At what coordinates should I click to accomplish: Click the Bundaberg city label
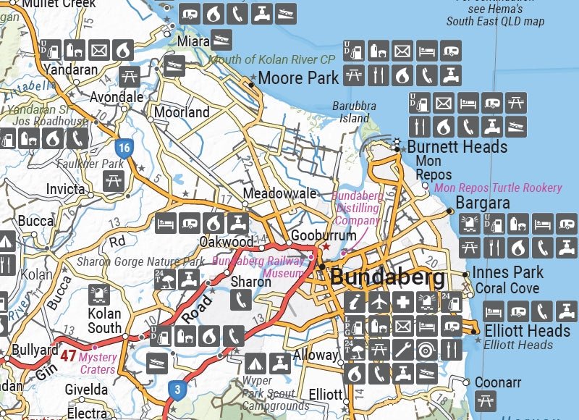click(387, 278)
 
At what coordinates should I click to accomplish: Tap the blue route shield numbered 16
click(125, 149)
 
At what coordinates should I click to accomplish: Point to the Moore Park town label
click(298, 77)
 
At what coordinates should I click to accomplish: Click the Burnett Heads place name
click(457, 147)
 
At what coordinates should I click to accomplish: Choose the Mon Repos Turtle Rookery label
click(498, 188)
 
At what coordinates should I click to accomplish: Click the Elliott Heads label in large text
click(528, 331)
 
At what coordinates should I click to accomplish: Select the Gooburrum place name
click(323, 236)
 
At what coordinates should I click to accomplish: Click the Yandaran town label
click(71, 70)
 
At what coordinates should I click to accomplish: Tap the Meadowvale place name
click(279, 194)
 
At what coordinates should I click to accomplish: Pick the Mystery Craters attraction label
click(97, 363)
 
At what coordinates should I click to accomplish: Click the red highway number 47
click(68, 356)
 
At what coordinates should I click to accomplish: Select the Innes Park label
click(507, 273)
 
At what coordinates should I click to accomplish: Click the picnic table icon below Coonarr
click(486, 400)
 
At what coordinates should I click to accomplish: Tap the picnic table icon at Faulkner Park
click(114, 181)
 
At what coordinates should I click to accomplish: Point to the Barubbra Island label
click(355, 112)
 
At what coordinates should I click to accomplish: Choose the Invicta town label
click(64, 190)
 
